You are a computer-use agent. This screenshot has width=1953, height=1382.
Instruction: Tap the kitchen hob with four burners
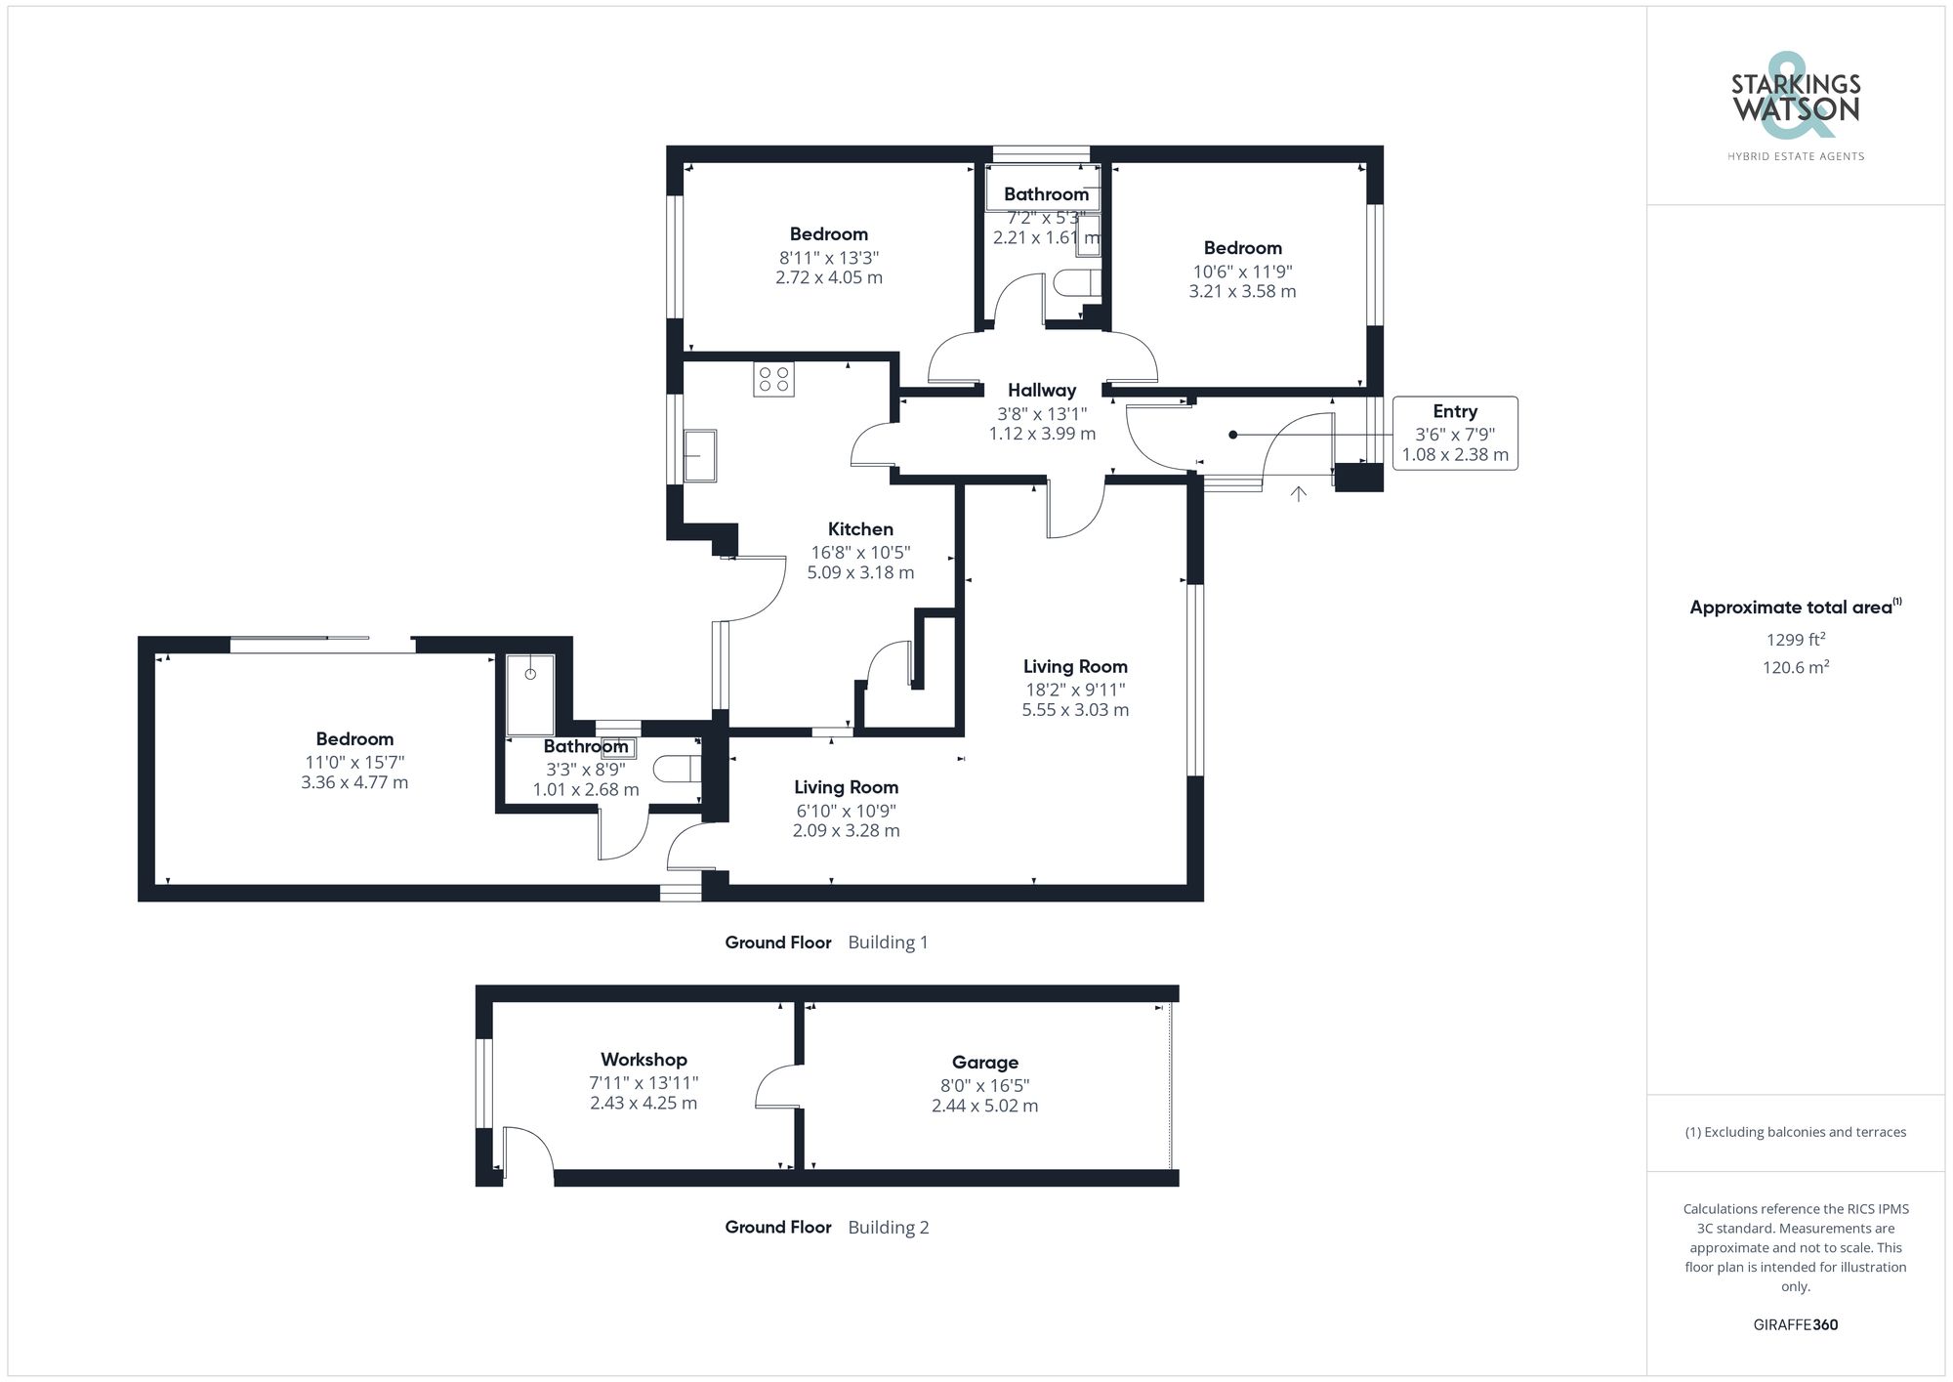coord(773,379)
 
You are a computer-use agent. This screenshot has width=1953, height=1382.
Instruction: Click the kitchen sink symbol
coord(699,456)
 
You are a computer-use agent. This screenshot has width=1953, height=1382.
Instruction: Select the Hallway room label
coord(1042,390)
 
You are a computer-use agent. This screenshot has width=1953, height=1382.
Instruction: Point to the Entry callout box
coord(1454,433)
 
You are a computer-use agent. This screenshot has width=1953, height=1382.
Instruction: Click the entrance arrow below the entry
coord(1298,494)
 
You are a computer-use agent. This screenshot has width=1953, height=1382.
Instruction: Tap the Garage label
coord(984,1062)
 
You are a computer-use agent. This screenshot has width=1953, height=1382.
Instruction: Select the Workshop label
coord(644,1059)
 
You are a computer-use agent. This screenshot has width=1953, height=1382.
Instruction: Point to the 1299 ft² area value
coord(1795,640)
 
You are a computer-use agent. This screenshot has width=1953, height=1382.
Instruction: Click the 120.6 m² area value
coord(1795,667)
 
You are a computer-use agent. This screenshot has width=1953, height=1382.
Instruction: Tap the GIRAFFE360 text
coord(1795,1324)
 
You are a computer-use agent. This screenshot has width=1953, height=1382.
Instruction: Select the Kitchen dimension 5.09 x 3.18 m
coord(860,572)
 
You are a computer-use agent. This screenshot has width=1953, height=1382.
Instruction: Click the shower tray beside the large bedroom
coord(530,694)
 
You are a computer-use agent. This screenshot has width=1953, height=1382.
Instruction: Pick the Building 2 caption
coord(888,1227)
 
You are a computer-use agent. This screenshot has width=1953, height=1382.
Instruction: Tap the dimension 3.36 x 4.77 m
coord(354,782)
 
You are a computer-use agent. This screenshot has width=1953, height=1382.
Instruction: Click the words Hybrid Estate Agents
coord(1795,156)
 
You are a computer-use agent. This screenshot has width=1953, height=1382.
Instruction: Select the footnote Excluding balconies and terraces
coord(1795,1132)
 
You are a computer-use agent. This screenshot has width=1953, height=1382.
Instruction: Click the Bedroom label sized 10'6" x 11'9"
coord(1242,248)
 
